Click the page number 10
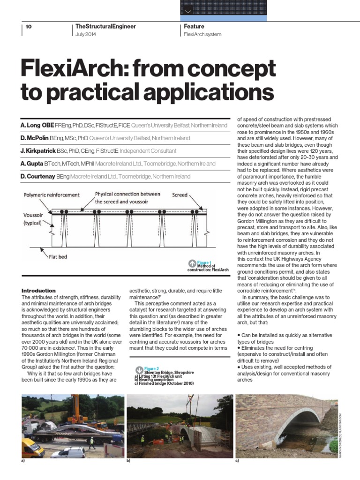click(29, 27)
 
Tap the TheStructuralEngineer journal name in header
click(105, 27)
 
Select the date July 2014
click(86, 35)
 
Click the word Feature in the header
click(194, 27)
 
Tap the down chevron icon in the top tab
click(188, 10)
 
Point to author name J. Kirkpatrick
click(37, 151)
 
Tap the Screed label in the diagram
click(180, 195)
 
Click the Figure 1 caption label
click(204, 263)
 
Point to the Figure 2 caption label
click(151, 369)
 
